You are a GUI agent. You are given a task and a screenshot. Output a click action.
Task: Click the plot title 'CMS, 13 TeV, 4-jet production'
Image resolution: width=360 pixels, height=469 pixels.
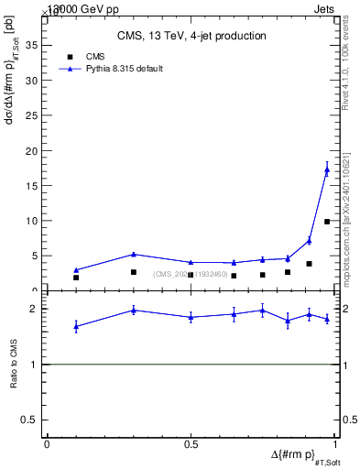[x=191, y=36]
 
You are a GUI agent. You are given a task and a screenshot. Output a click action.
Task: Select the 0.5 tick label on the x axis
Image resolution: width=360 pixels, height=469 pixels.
[x=191, y=443]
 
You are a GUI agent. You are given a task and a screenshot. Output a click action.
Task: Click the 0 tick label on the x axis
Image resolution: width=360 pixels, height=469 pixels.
[x=47, y=443]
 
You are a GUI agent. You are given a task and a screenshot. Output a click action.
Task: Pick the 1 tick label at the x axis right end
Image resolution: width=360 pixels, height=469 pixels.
[x=335, y=443]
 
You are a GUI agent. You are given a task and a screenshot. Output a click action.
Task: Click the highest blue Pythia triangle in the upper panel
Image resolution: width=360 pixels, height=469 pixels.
[x=327, y=169]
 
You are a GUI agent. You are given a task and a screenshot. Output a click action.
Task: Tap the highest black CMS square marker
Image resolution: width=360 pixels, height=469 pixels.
[x=327, y=222]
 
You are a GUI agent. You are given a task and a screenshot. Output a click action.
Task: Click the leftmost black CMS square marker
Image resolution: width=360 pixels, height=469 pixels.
[x=76, y=278]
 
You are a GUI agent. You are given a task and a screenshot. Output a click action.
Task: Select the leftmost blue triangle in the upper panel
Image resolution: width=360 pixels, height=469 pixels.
[x=76, y=270]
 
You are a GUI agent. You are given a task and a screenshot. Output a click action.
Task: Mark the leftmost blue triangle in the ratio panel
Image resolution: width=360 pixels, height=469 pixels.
[x=76, y=326]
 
